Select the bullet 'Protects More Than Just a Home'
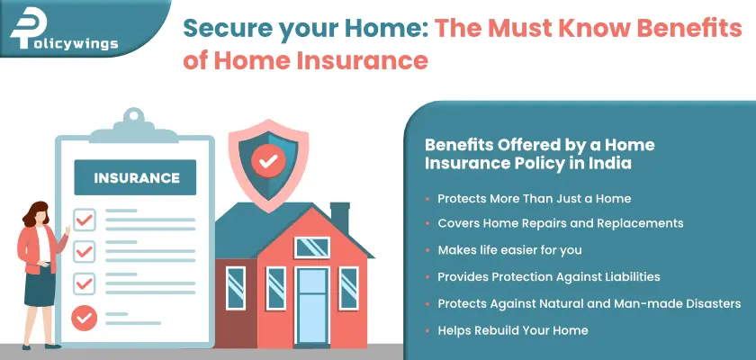pos(534,198)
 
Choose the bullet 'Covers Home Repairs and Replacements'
pos(560,222)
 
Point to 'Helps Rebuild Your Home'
pos(512,330)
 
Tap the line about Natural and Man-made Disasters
pos(589,303)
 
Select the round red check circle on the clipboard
pos(84,316)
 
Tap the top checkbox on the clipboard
pos(84,218)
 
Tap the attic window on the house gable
pos(311,246)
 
